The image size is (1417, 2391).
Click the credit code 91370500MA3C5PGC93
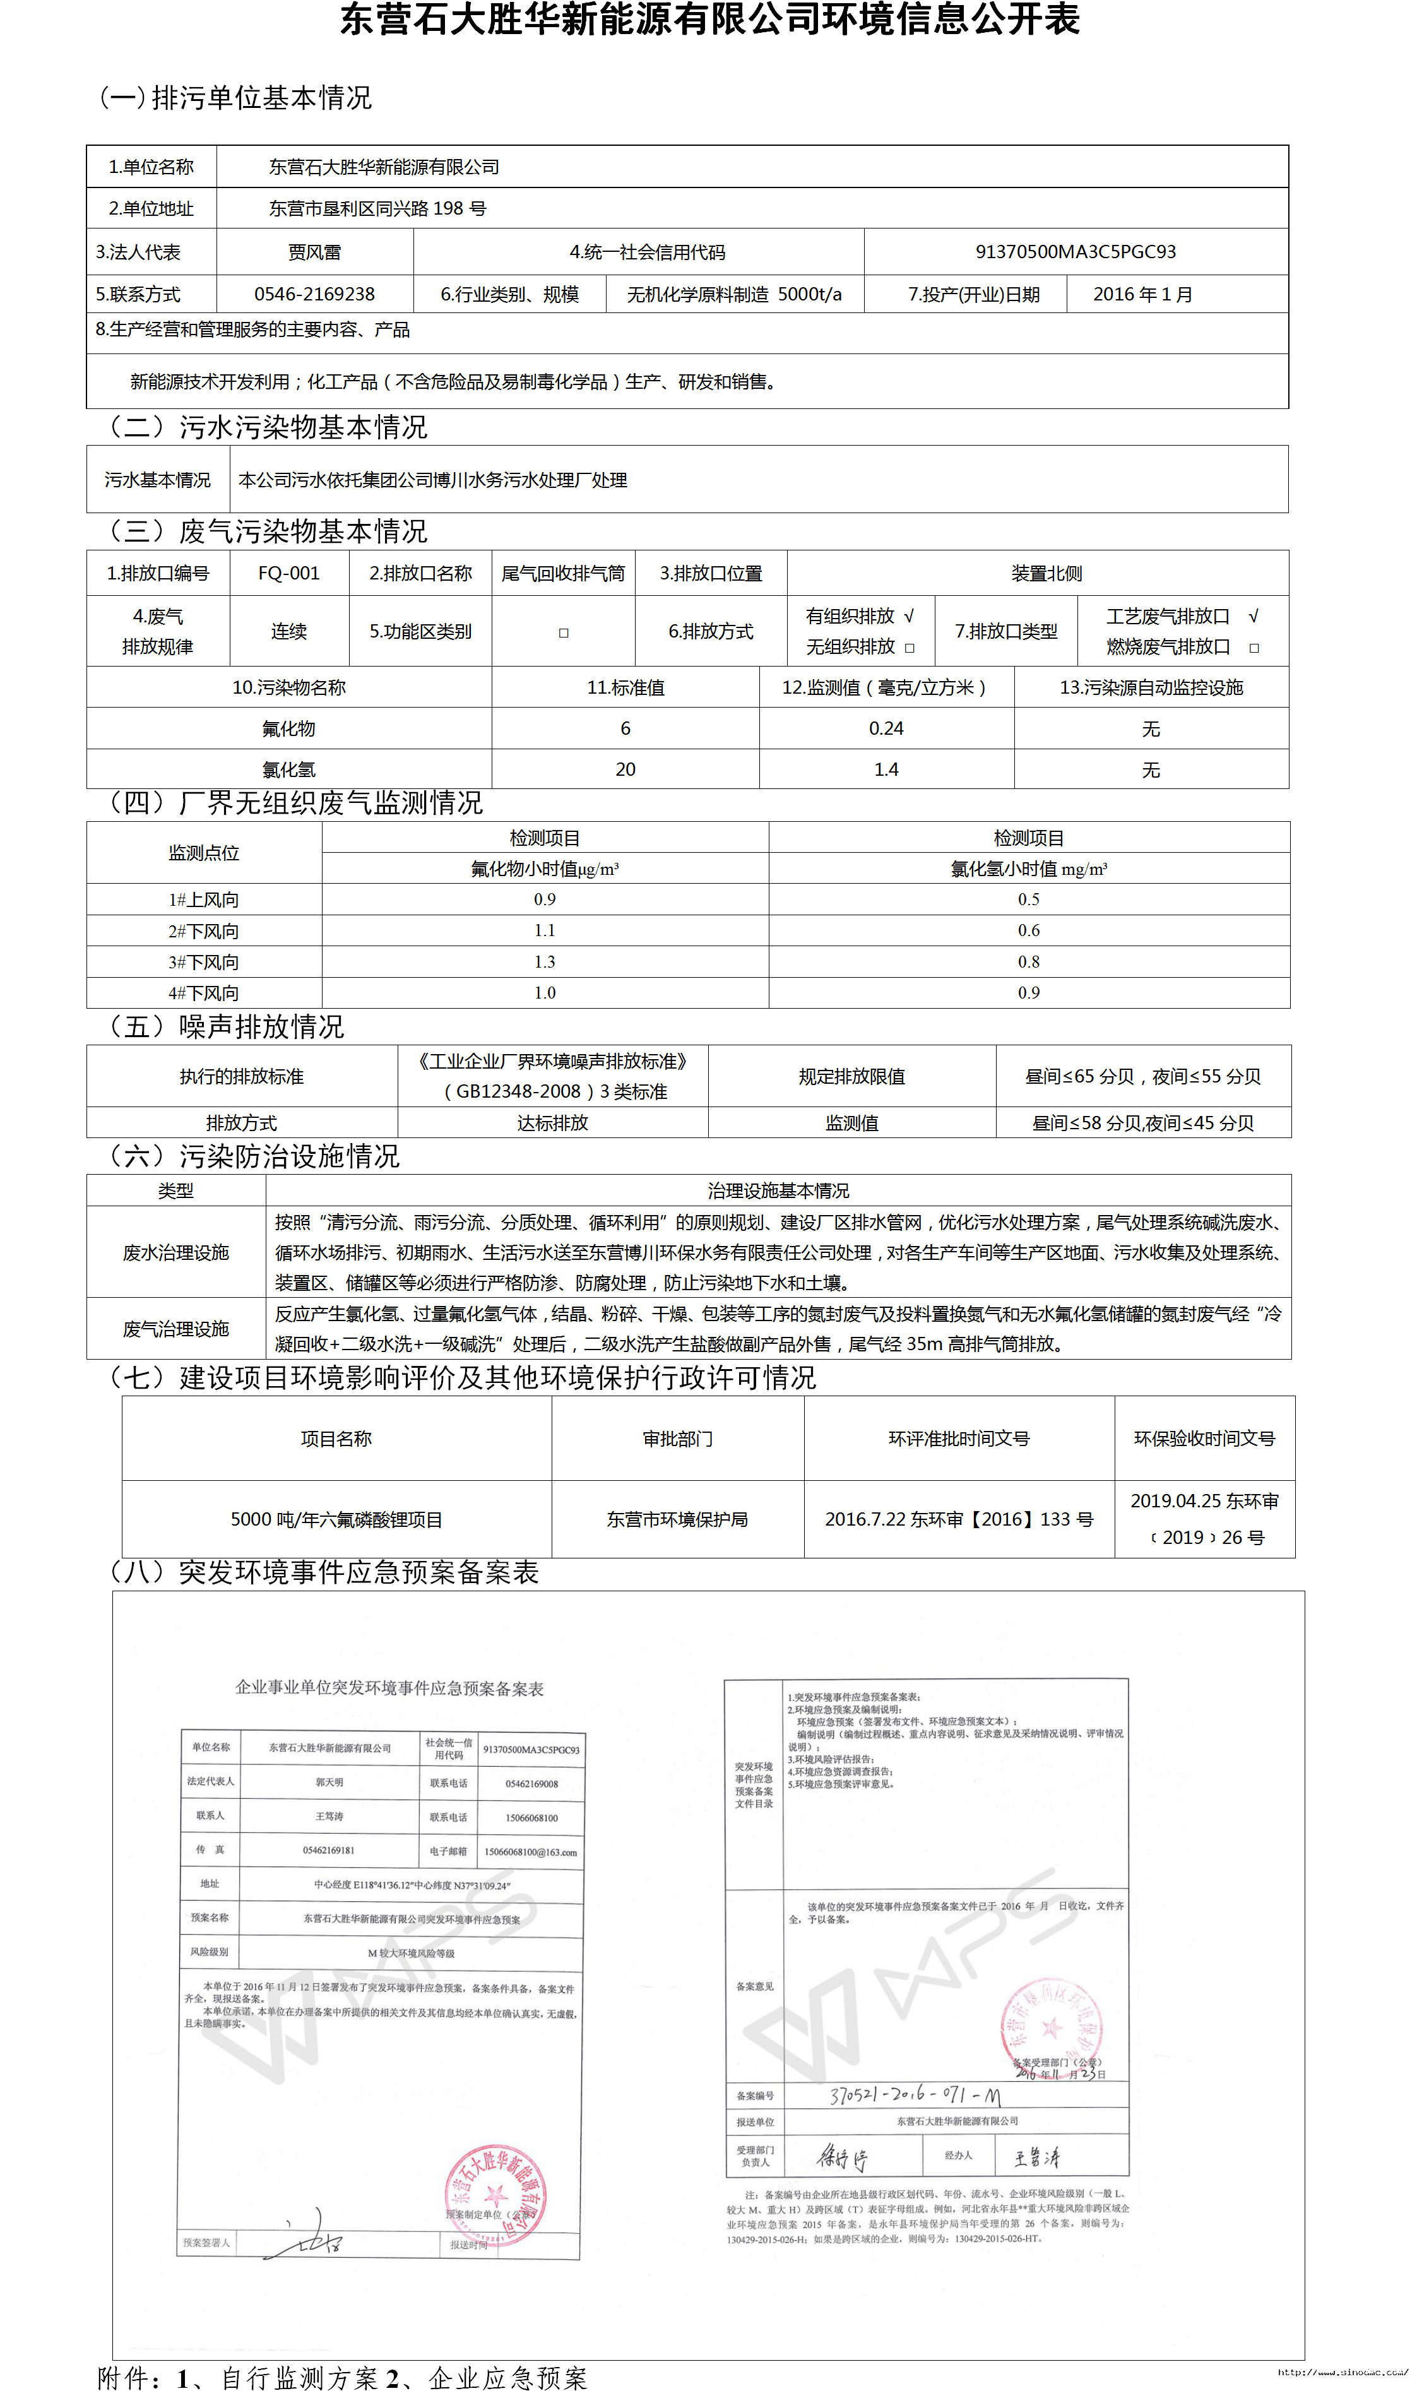coord(1075,251)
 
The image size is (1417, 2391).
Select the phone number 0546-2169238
coord(314,294)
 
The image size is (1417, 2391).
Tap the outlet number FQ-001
coord(288,573)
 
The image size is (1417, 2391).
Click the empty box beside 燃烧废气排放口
coord(1254,648)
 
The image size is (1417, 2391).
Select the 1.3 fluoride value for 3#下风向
coord(544,961)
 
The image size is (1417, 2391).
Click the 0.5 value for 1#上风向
coord(1028,899)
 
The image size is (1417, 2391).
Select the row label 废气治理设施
coord(175,1328)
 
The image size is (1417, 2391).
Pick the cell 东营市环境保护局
coord(677,1519)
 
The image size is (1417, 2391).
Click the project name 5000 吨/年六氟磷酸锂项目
coord(336,1519)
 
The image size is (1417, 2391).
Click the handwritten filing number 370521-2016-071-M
coord(915,2095)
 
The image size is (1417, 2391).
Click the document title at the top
coord(708,19)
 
